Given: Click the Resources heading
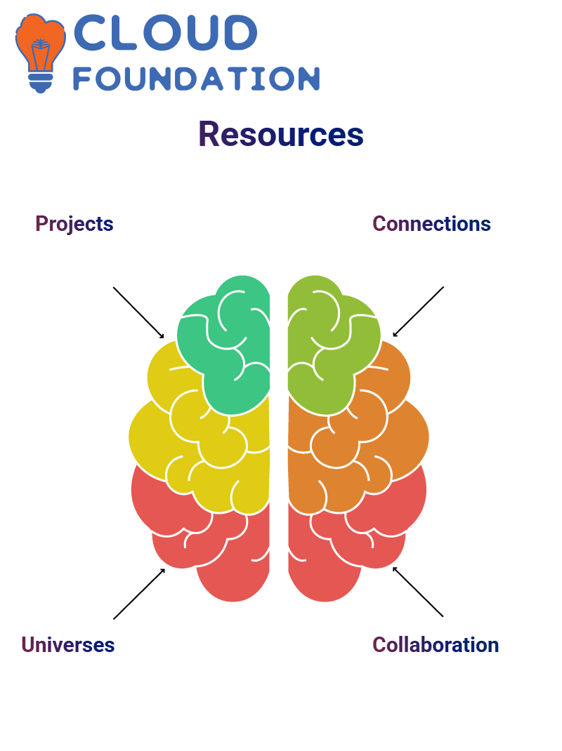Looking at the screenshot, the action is point(281,134).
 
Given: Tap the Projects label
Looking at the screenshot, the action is point(74,224).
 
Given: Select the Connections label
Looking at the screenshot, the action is point(431,224).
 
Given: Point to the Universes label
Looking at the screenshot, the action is point(68,645).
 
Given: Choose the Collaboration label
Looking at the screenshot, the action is point(436,645).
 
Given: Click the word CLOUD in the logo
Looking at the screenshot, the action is point(165,32).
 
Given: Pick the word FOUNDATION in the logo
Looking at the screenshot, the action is point(196,79).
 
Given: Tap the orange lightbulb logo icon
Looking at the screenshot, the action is point(40,53).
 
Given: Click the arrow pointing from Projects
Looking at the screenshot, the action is point(138,313).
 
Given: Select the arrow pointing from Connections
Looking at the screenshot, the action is point(418,312).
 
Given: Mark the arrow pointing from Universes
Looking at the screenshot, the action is point(140,594).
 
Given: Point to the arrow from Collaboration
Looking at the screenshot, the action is point(418,592).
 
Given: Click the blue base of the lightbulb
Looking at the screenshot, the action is point(41,82).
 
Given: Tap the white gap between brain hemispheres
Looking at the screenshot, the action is point(279,431).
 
